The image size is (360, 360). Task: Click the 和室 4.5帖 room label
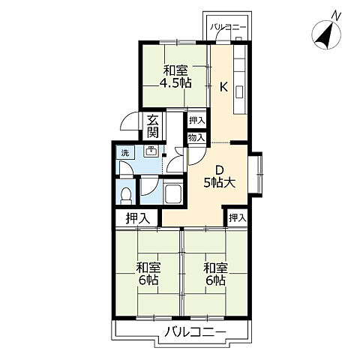pos(175,76)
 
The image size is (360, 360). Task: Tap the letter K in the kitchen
pos(223,87)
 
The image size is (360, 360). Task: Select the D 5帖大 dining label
pos(220,177)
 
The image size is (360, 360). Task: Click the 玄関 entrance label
pos(152,127)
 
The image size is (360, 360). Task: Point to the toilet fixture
pos(126,195)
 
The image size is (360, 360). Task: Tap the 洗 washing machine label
pos(125,153)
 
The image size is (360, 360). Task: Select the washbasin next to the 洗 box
pos(151,151)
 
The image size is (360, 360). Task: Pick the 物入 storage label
pos(196,137)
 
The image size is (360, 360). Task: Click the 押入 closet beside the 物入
pos(196,121)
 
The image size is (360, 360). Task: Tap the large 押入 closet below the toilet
pos(138,218)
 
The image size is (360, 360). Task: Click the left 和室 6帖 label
pos(148,274)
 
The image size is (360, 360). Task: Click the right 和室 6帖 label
pos(216,274)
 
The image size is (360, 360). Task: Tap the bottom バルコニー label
pos(195,332)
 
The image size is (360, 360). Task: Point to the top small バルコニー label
pos(228,27)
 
